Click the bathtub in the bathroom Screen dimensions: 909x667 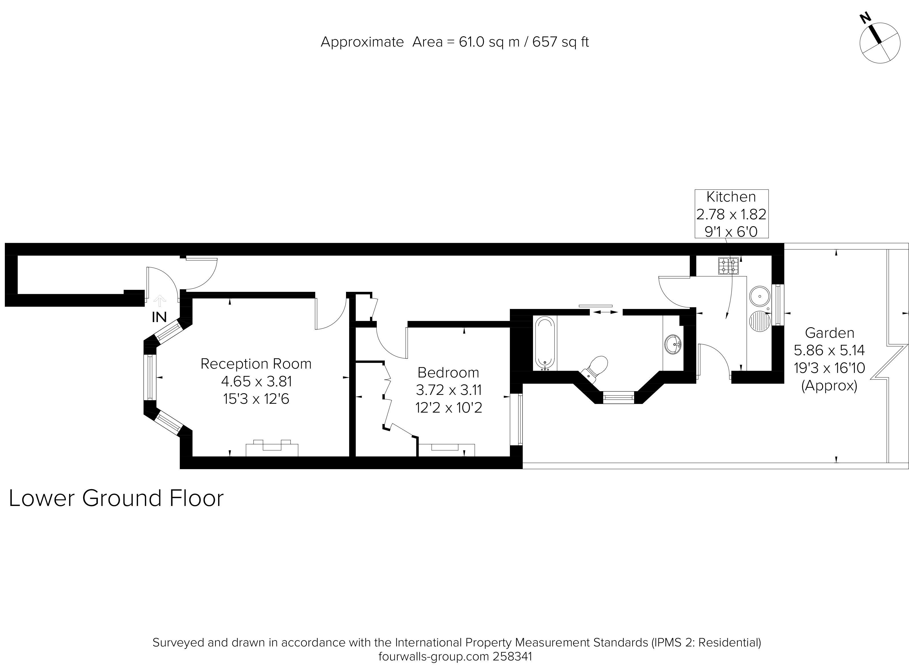pyautogui.click(x=545, y=343)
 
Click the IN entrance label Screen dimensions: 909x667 pyautogui.click(x=159, y=317)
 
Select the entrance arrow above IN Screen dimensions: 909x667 pyautogui.click(x=160, y=301)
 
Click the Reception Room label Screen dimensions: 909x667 pyautogui.click(x=256, y=364)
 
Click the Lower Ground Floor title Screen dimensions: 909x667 pyautogui.click(x=116, y=498)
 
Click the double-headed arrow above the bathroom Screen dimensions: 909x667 pyautogui.click(x=606, y=312)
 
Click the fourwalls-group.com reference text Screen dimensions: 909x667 pyautogui.click(x=455, y=656)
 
